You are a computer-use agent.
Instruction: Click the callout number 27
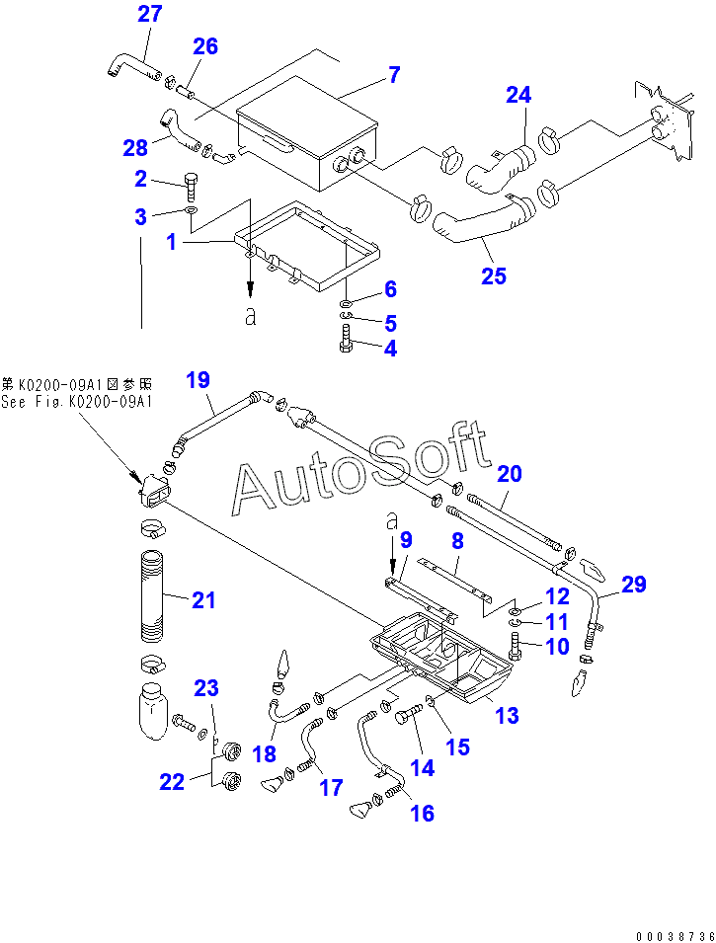tap(150, 14)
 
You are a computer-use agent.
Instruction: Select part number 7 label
tap(393, 75)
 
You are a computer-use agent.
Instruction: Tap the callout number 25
tap(494, 275)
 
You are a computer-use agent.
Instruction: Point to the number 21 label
tap(203, 599)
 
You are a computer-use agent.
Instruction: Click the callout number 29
tap(634, 584)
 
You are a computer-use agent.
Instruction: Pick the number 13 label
tap(507, 715)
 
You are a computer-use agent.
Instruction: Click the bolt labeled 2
tap(191, 187)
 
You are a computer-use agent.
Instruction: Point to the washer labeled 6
tap(348, 301)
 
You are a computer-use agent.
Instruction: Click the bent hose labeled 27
tap(133, 65)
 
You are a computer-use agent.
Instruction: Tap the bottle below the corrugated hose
tap(152, 712)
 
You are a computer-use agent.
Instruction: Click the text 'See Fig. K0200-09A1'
tap(77, 402)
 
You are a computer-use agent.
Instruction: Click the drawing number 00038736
tap(676, 936)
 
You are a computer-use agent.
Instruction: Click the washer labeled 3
tap(191, 210)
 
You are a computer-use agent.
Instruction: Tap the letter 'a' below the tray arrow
tap(250, 316)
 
